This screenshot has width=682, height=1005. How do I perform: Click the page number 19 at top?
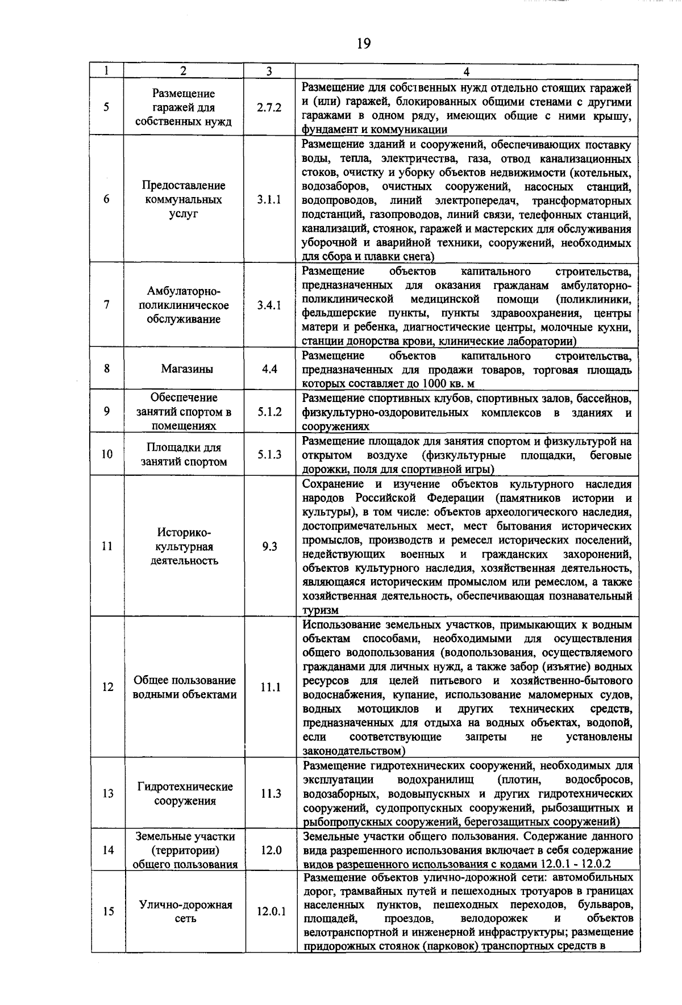pyautogui.click(x=364, y=43)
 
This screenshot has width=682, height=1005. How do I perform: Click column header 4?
pyautogui.click(x=466, y=72)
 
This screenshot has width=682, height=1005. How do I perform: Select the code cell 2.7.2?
pyautogui.click(x=269, y=108)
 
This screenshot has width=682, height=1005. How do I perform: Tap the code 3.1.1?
pyautogui.click(x=269, y=200)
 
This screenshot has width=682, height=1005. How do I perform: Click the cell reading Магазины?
pyautogui.click(x=187, y=369)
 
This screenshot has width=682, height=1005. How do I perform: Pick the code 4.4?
pyautogui.click(x=269, y=369)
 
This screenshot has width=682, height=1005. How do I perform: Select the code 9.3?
pyautogui.click(x=269, y=547)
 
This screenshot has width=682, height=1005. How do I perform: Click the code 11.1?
pyautogui.click(x=271, y=687)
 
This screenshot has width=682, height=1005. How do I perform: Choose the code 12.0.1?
pyautogui.click(x=271, y=912)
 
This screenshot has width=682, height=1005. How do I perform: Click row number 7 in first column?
pyautogui.click(x=107, y=305)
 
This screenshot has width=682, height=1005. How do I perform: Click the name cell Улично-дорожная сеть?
pyautogui.click(x=186, y=912)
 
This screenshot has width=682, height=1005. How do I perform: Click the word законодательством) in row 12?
pyautogui.click(x=354, y=751)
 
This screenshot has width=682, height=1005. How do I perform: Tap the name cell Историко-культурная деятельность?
pyautogui.click(x=184, y=547)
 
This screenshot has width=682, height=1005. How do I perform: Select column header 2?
pyautogui.click(x=183, y=72)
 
